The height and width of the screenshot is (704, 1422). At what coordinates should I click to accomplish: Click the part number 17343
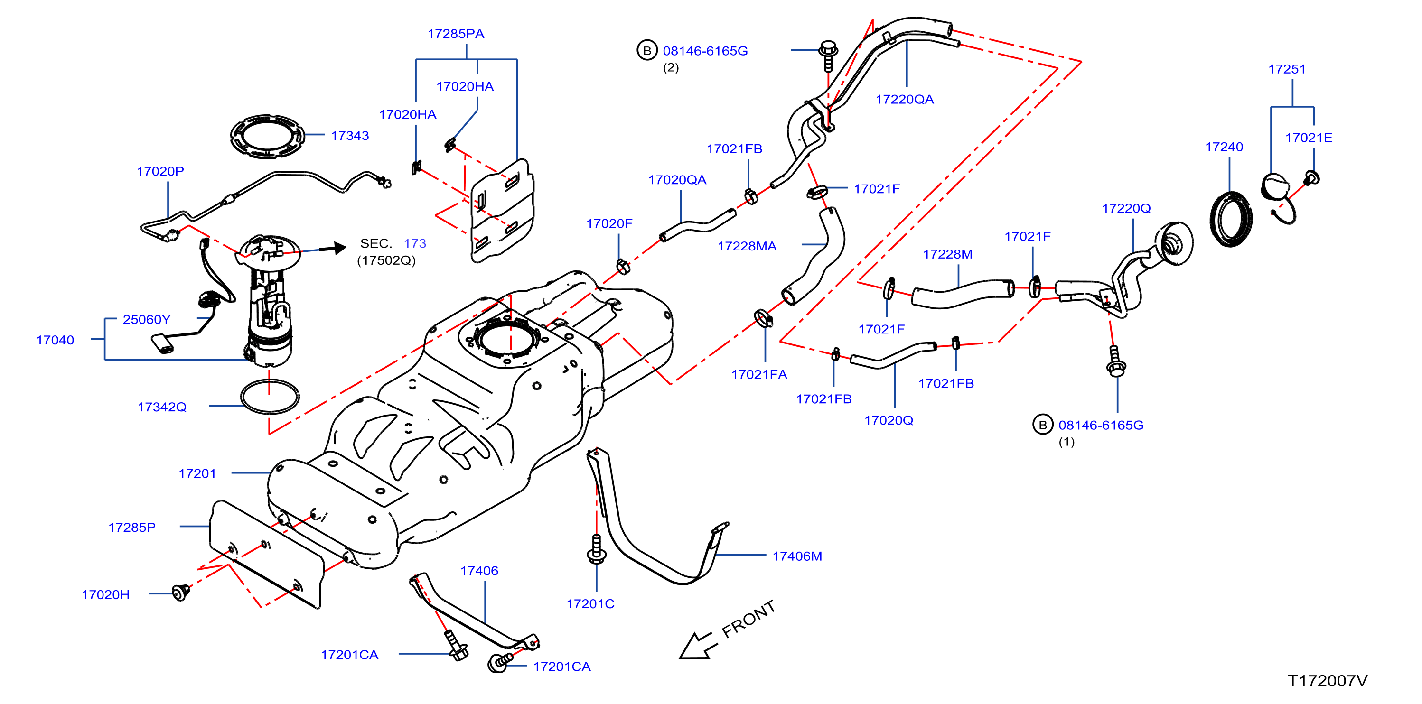[x=349, y=136]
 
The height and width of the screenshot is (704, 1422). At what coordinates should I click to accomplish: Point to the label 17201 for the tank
[x=197, y=473]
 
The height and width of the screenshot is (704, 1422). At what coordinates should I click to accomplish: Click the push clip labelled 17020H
[x=180, y=593]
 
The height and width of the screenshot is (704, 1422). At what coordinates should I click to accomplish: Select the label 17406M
[x=797, y=556]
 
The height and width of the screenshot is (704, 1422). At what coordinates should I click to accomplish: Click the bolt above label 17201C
[x=596, y=548]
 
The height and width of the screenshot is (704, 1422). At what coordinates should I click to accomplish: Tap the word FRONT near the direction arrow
[x=748, y=619]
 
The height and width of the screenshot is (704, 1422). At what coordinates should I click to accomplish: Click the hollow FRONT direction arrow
[x=697, y=646]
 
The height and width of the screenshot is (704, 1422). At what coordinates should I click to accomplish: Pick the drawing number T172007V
[x=1328, y=681]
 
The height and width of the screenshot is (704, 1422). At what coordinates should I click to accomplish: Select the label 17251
[x=1287, y=70]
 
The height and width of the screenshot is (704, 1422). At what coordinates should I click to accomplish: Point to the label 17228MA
[x=747, y=246]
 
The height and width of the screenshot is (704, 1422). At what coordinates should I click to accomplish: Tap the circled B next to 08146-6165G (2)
[x=647, y=50]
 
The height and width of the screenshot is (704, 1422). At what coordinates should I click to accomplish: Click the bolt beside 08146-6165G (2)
[x=828, y=55]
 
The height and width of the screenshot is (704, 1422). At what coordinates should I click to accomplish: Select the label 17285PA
[x=456, y=34]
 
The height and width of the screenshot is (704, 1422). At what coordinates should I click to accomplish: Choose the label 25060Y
[x=147, y=319]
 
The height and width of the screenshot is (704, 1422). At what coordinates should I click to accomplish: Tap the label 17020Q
[x=889, y=420]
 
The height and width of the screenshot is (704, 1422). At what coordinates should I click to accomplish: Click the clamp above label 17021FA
[x=763, y=318]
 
